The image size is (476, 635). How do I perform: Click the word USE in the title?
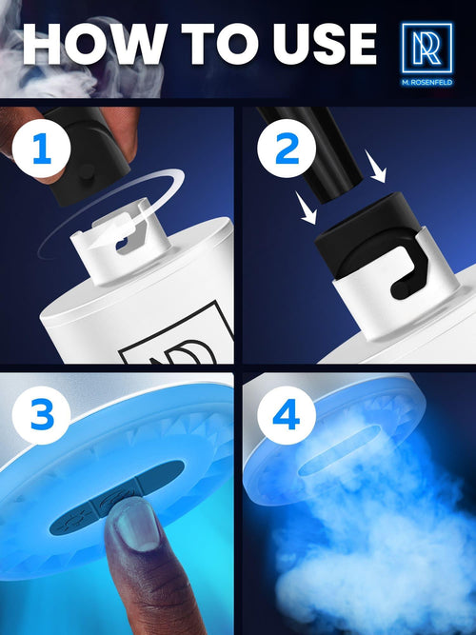click(325, 44)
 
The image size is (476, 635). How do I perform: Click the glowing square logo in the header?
click(427, 49)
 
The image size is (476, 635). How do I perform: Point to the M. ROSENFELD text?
click(427, 82)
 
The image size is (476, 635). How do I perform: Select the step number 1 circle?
click(41, 149)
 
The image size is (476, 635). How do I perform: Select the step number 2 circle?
click(287, 149)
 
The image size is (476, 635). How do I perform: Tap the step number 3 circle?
click(41, 415)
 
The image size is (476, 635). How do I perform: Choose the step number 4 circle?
click(287, 415)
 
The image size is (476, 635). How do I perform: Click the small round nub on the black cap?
click(87, 172)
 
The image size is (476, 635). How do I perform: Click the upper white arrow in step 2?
click(375, 166)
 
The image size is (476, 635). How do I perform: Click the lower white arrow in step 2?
click(306, 208)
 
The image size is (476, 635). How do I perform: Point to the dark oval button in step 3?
click(117, 497)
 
